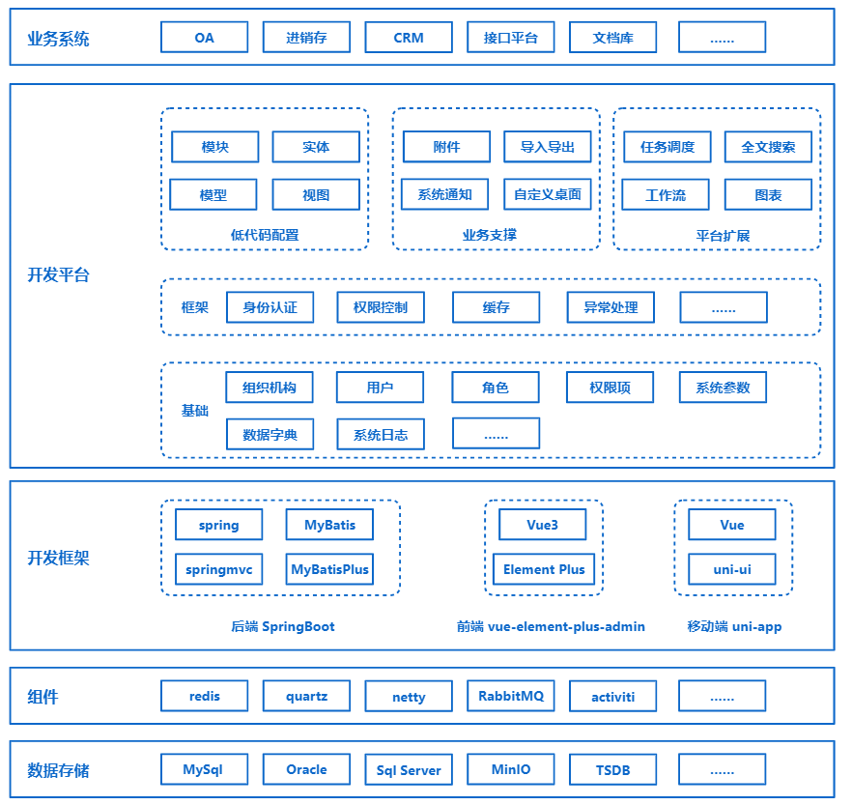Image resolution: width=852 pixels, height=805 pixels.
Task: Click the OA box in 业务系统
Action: coord(204,38)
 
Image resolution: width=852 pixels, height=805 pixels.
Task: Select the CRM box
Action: coord(409,38)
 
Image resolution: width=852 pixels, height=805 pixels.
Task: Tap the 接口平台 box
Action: coord(511,38)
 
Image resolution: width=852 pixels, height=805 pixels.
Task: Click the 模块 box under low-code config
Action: coord(214,147)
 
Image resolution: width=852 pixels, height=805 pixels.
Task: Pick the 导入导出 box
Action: coord(548,147)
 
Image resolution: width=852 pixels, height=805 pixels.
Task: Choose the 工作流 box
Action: coord(666,194)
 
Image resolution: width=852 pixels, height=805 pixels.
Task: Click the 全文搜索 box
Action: coord(768,147)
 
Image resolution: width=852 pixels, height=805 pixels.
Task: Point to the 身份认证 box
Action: coord(270,307)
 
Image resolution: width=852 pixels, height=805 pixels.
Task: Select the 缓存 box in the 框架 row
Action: coord(496,307)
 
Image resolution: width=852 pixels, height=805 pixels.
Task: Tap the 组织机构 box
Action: coord(270,388)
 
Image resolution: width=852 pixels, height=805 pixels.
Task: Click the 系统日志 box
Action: coord(381,435)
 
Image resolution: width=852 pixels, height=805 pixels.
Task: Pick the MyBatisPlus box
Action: coord(329,569)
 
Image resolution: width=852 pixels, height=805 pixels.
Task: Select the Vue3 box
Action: coord(542,525)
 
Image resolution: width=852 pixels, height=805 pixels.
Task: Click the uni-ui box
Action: coord(732,569)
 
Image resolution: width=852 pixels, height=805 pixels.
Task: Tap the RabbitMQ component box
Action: coord(511,696)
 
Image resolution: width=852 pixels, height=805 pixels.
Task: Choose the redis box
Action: coord(204,696)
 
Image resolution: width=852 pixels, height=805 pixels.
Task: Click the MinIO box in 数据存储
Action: coord(511,770)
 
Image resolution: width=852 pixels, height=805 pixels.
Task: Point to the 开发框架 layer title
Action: coord(58,559)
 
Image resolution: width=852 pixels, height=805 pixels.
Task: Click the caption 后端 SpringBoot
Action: coord(283,626)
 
